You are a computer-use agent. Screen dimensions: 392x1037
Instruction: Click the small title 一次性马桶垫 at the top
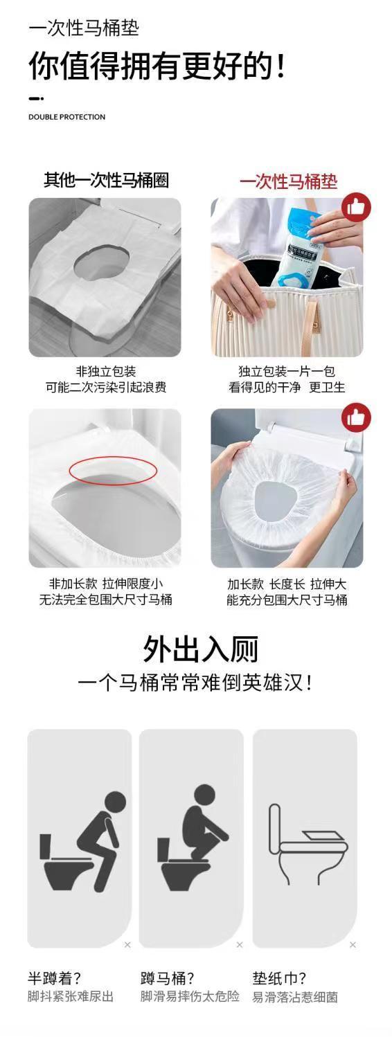pyautogui.click(x=84, y=28)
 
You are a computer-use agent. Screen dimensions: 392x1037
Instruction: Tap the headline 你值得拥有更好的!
pyautogui.click(x=157, y=66)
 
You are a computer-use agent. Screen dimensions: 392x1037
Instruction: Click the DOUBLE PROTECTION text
pyautogui.click(x=66, y=117)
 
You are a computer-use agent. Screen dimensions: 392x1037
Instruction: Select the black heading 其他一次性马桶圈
pyautogui.click(x=106, y=180)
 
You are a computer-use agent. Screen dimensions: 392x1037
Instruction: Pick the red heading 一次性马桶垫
pyautogui.click(x=288, y=181)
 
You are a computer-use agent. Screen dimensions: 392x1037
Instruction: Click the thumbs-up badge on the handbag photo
pyautogui.click(x=356, y=208)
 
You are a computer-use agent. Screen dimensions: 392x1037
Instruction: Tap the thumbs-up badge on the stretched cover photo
pyautogui.click(x=356, y=417)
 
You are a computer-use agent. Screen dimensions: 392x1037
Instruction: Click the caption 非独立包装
pyautogui.click(x=106, y=371)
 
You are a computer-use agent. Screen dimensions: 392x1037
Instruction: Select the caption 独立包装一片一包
pyautogui.click(x=286, y=371)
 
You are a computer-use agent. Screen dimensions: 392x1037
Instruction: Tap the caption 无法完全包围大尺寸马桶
pyautogui.click(x=106, y=599)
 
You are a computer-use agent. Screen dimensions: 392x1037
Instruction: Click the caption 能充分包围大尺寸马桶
pyautogui.click(x=287, y=599)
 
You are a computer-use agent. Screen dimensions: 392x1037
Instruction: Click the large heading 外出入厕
pyautogui.click(x=200, y=649)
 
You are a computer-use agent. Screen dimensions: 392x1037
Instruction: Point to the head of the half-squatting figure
pyautogui.click(x=114, y=802)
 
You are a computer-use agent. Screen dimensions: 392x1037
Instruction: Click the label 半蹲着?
pyautogui.click(x=54, y=977)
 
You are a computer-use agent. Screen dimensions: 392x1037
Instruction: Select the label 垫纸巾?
pyautogui.click(x=279, y=977)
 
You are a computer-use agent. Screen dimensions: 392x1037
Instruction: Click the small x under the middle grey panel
pyautogui.click(x=240, y=944)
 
